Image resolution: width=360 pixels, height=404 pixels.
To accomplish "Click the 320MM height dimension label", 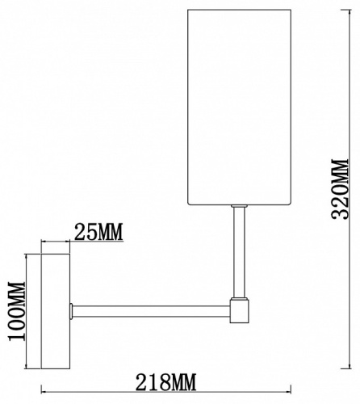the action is [x=340, y=189].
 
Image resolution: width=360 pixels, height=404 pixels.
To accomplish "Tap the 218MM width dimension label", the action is [x=165, y=381].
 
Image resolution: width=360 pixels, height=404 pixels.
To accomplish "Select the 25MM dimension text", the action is [x=98, y=232].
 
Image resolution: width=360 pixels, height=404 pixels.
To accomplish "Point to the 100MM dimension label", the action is [x=17, y=311].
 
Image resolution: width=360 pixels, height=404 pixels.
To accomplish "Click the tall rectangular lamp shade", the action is [x=239, y=107].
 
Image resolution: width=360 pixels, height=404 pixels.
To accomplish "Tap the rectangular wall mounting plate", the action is [x=56, y=311].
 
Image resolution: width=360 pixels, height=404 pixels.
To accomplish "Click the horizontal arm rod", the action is [x=151, y=311].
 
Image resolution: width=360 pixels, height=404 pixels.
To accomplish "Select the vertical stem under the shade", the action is [x=239, y=252].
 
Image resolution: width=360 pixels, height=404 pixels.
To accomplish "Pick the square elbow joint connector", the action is [x=239, y=311].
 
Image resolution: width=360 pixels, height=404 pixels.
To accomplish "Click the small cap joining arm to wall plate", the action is [x=71, y=311].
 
